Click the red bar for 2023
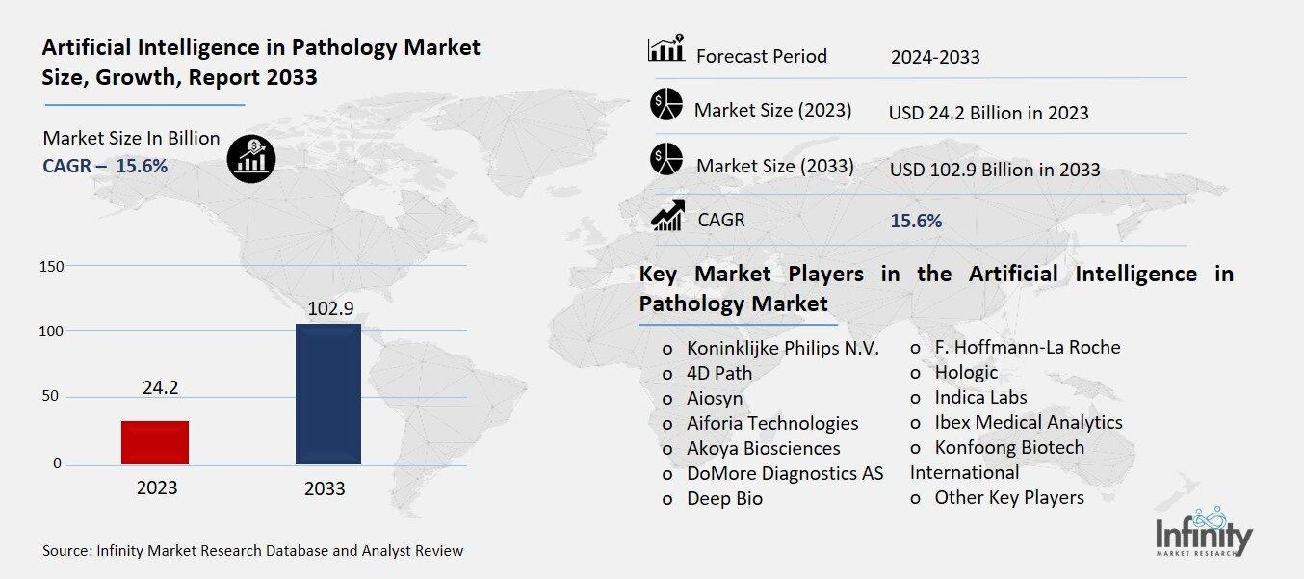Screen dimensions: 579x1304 point(155,442)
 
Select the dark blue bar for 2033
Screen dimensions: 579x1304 point(327,394)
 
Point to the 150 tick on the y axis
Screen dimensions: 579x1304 point(51,266)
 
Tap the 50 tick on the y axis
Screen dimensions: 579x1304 point(51,397)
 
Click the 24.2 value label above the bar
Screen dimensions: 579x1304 point(160,388)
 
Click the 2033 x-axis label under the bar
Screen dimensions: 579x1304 point(325,488)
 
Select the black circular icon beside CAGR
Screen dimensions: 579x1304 point(251,158)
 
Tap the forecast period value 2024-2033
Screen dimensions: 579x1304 point(935,57)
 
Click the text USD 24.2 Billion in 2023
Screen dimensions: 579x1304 point(988,113)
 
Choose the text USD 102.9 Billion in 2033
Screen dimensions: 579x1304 point(995,170)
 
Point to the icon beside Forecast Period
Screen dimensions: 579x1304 point(666,49)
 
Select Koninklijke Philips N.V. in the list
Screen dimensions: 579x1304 point(782,348)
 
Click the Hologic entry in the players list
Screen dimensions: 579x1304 point(966,372)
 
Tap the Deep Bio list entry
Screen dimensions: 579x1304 point(724,498)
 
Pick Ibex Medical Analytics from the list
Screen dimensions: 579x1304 point(1028,422)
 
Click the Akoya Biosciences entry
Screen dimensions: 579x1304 point(763,448)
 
